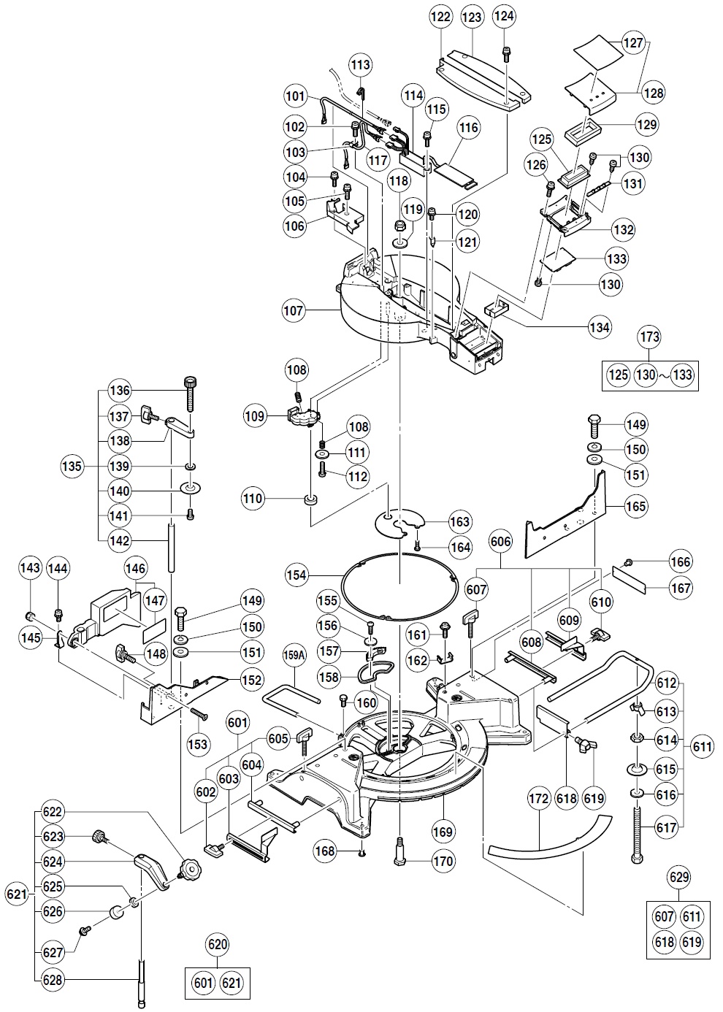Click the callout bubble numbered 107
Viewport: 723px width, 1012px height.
[x=294, y=310]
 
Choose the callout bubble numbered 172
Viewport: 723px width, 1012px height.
[x=538, y=800]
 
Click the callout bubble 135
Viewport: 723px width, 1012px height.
[x=72, y=466]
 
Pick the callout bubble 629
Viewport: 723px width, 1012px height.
[x=678, y=876]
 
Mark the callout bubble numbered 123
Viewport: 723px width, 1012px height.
[x=472, y=17]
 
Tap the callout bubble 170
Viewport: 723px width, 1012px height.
[x=443, y=862]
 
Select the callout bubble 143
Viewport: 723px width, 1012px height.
[x=30, y=567]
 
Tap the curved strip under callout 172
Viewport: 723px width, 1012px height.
[x=548, y=840]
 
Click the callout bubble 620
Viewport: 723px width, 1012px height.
[x=218, y=945]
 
